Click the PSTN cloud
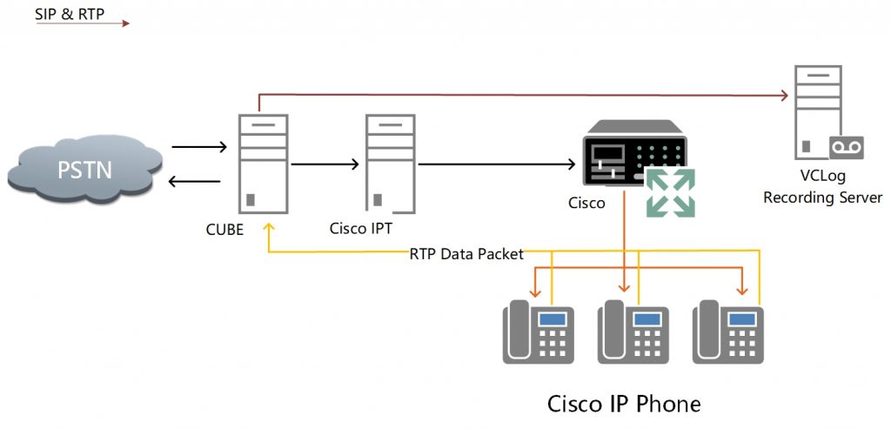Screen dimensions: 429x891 (84, 169)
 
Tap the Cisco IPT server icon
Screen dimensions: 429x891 (389, 163)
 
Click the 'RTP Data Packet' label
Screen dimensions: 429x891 (467, 254)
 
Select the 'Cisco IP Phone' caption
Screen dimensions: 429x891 (623, 404)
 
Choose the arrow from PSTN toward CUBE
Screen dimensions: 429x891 (201, 148)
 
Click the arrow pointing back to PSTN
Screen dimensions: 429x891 (199, 181)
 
